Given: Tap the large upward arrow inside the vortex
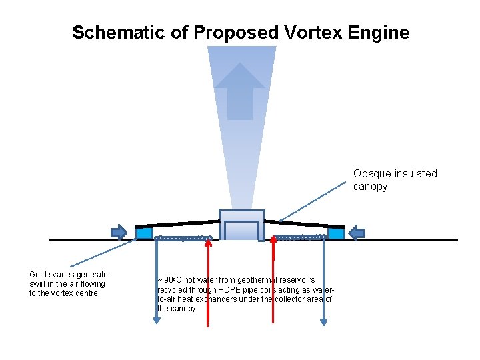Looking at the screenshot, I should click(x=240, y=90).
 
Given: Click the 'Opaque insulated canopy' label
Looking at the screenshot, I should click(x=395, y=180).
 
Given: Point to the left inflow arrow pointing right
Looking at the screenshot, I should click(x=119, y=232).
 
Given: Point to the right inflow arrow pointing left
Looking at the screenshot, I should click(x=357, y=233).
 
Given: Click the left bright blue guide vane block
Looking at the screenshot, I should click(x=144, y=233).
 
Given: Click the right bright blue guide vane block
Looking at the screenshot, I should click(x=336, y=233).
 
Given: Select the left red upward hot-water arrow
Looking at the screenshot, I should click(x=208, y=280).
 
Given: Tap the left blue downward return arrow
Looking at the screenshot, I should click(x=157, y=280).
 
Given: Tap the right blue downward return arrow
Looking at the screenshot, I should click(x=323, y=280).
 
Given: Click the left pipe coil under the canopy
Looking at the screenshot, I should click(x=183, y=238).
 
